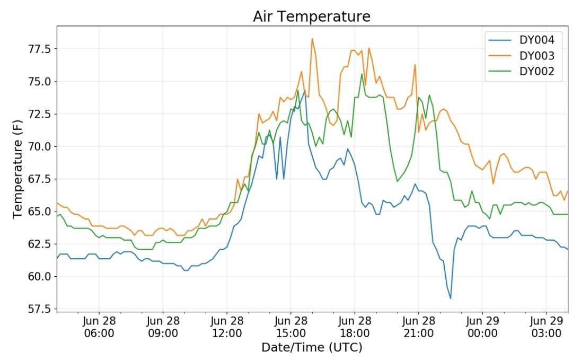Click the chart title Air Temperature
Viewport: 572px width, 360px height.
(x=312, y=16)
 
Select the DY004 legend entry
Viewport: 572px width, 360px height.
(x=521, y=40)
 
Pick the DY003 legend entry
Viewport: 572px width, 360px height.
(x=521, y=56)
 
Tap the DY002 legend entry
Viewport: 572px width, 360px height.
(x=521, y=71)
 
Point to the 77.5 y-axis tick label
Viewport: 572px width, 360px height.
(x=39, y=49)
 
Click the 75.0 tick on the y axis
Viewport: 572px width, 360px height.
(x=39, y=81)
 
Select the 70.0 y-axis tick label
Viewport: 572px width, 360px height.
(x=39, y=147)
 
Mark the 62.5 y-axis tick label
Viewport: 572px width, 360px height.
(x=39, y=244)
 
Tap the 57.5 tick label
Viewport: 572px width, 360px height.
(x=39, y=309)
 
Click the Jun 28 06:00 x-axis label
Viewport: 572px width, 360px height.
(x=99, y=327)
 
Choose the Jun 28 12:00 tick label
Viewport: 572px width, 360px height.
(x=226, y=327)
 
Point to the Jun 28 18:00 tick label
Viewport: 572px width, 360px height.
(x=355, y=327)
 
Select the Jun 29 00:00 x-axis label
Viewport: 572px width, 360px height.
(x=482, y=327)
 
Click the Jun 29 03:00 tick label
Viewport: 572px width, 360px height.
(x=546, y=327)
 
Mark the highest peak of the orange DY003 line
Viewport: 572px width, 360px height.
(x=312, y=39)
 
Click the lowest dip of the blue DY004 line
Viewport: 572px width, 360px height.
(x=451, y=298)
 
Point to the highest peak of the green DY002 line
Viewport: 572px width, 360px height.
(x=362, y=74)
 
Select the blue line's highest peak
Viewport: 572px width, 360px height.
(x=305, y=91)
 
